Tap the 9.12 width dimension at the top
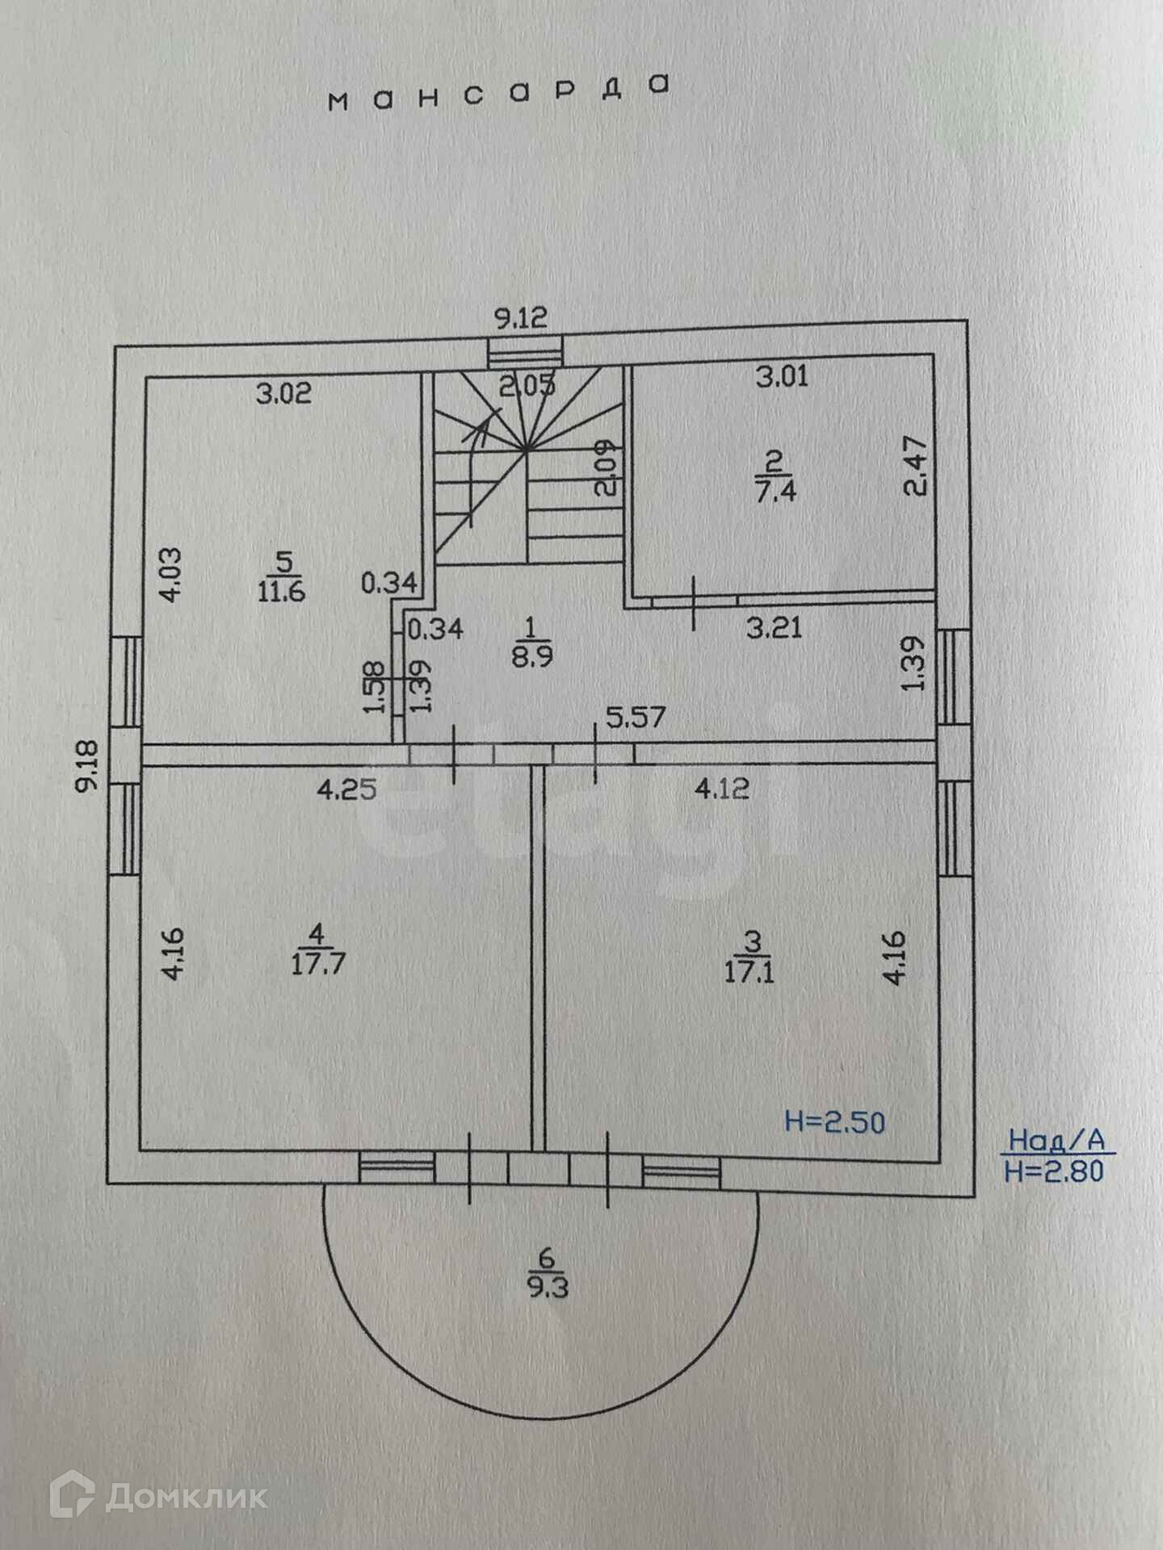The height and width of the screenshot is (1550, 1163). click(521, 317)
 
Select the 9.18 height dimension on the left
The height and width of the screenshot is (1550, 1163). click(87, 768)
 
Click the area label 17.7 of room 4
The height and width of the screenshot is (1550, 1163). click(318, 964)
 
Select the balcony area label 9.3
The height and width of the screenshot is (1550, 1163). click(548, 1285)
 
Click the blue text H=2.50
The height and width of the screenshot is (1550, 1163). click(835, 1122)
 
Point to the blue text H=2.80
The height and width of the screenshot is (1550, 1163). click(1054, 1171)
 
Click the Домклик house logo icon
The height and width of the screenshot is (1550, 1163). click(72, 1497)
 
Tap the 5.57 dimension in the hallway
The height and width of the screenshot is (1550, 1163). click(636, 717)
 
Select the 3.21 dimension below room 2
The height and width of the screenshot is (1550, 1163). click(774, 627)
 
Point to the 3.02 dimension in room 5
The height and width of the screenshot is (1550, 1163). click(283, 394)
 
